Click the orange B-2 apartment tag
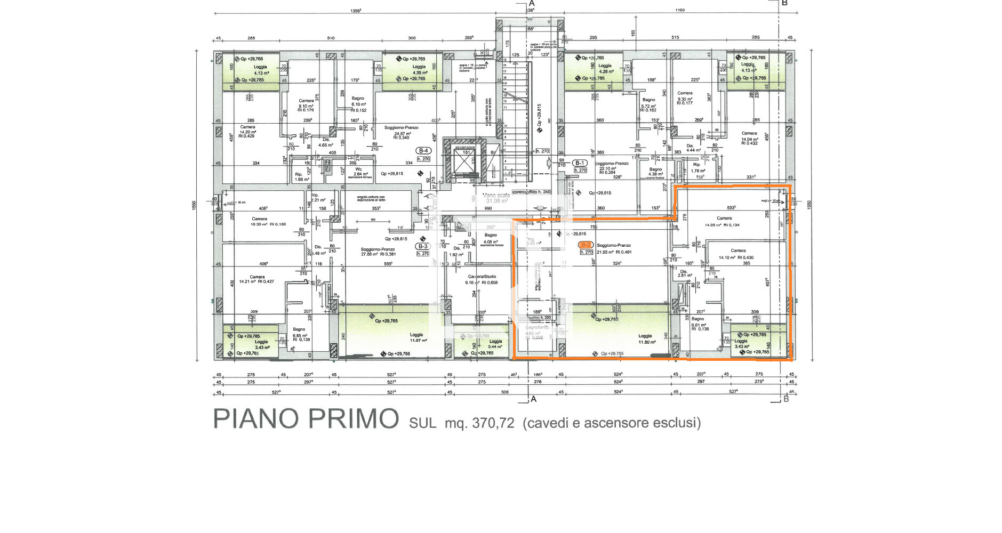tap(586, 245)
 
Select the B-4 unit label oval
tap(423, 151)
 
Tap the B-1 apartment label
tap(580, 163)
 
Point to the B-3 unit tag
tap(422, 246)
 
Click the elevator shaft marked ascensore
tap(467, 159)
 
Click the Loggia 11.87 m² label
tap(416, 338)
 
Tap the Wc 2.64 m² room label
tap(358, 172)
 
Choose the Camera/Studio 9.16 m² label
tap(482, 279)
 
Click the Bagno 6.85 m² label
tap(300, 334)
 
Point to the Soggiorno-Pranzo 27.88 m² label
tap(378, 252)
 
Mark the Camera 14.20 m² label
tap(247, 130)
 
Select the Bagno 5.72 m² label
tap(648, 103)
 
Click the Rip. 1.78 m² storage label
tap(698, 168)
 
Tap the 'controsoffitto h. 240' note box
tap(531, 192)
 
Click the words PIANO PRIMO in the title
tap(306, 419)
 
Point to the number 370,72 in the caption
tap(493, 423)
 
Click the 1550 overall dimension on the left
tap(194, 205)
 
